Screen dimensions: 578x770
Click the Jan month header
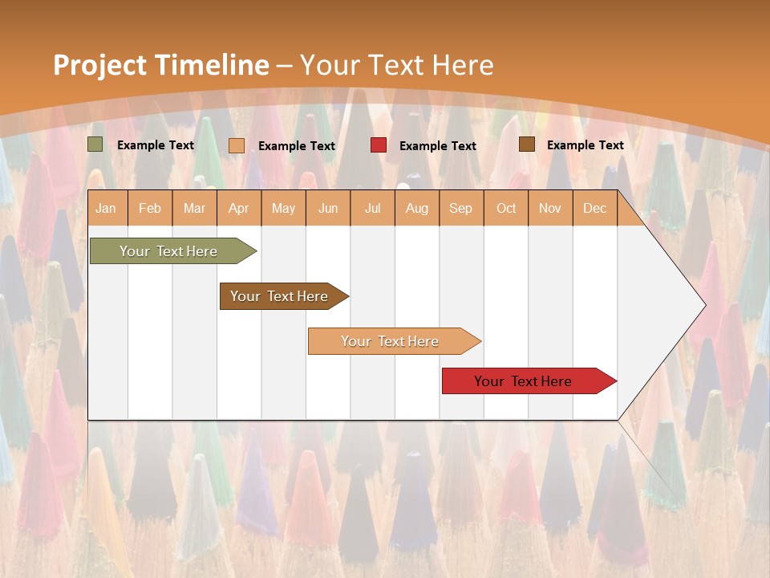click(x=107, y=208)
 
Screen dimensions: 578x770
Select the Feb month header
click(x=150, y=208)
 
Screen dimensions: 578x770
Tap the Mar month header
click(x=194, y=208)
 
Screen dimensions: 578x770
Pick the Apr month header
click(x=239, y=208)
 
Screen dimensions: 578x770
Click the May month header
click(x=283, y=208)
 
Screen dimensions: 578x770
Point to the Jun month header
click(x=328, y=208)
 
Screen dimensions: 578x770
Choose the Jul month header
click(x=372, y=208)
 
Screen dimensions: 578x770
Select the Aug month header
click(x=417, y=208)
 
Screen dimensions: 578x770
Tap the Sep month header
click(x=461, y=208)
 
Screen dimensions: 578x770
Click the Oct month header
click(x=506, y=208)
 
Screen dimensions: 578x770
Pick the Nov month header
click(x=550, y=208)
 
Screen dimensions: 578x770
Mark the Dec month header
click(x=595, y=208)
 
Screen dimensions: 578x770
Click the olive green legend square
click(x=95, y=144)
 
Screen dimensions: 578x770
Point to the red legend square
click(x=379, y=145)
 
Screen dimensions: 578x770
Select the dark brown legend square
click(x=527, y=144)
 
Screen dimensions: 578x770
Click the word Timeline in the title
click(x=213, y=65)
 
